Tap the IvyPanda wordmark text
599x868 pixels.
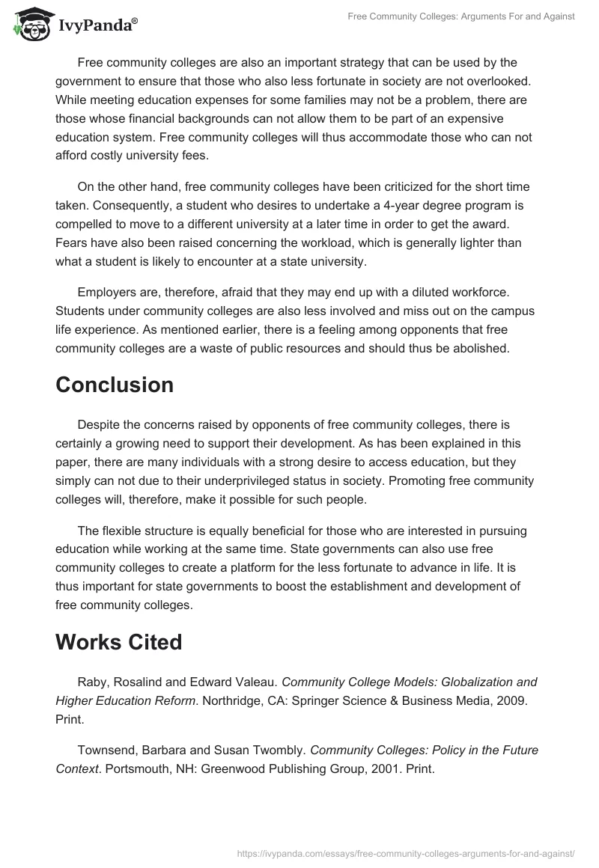[97, 25]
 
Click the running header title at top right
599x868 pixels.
[461, 16]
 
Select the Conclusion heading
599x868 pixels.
[115, 385]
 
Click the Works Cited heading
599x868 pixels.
[118, 642]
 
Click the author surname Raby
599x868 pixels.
[92, 682]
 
